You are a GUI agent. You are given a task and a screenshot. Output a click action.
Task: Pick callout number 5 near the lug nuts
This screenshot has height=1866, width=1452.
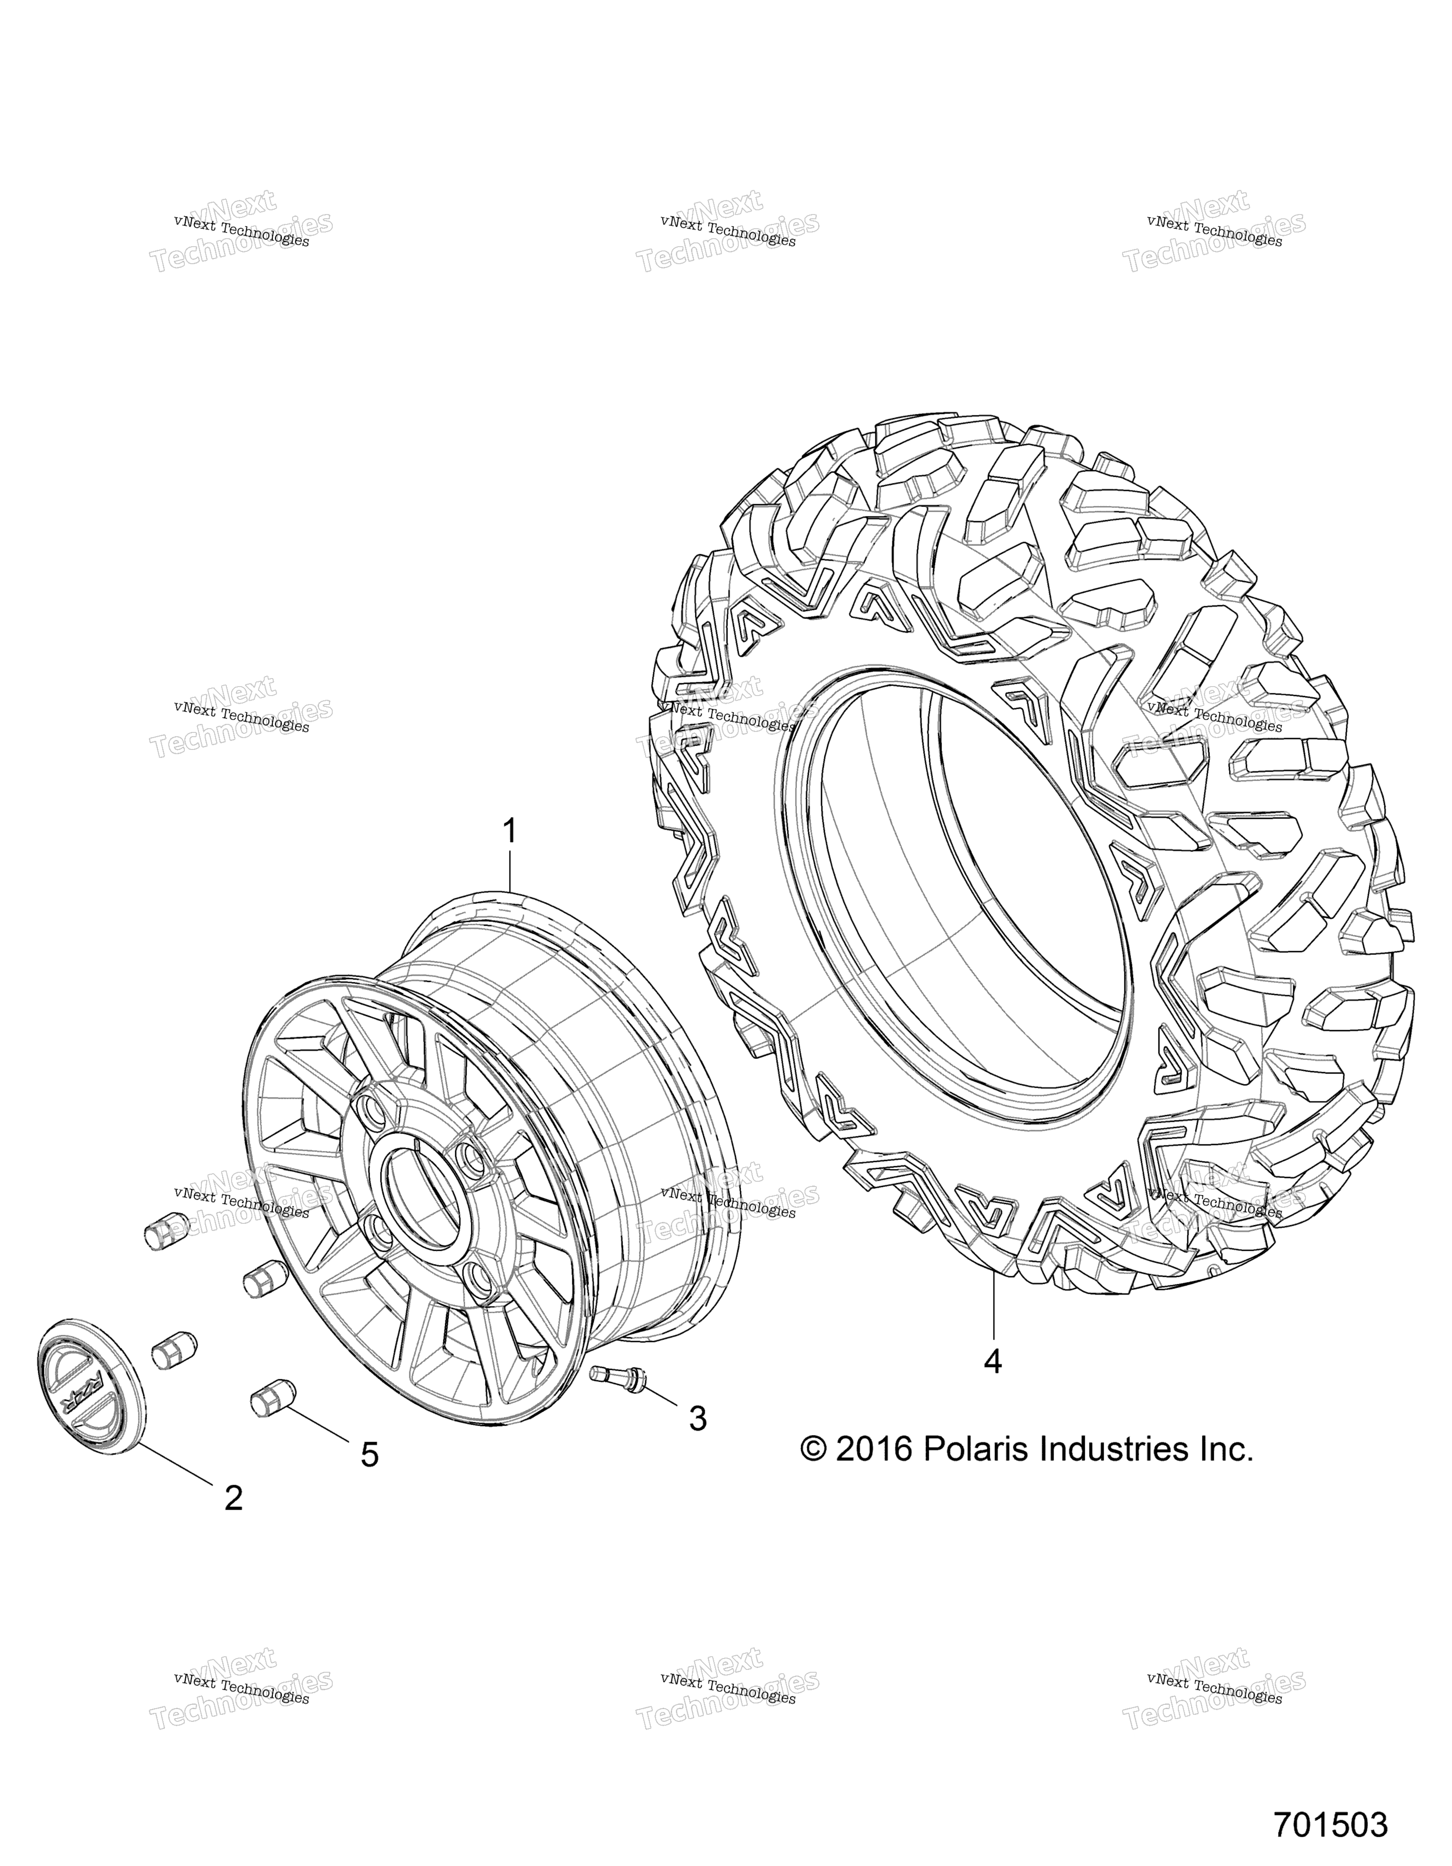[x=369, y=1453]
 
